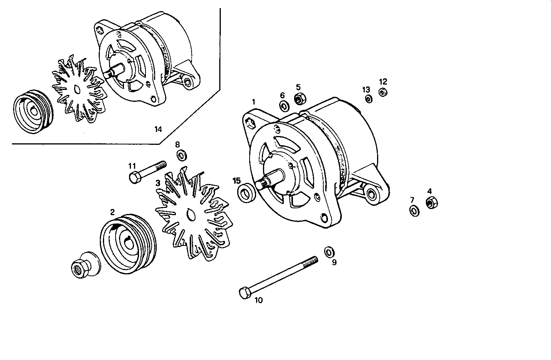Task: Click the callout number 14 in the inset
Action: [x=158, y=129]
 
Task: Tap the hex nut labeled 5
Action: [x=299, y=99]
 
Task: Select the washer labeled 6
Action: [x=284, y=106]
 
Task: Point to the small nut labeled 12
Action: [x=382, y=92]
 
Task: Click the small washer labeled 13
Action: [x=368, y=100]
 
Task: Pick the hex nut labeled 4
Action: [x=431, y=202]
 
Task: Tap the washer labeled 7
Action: [x=414, y=211]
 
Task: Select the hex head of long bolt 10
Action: [x=244, y=294]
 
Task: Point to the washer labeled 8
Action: [x=181, y=156]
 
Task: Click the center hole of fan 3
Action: [x=189, y=215]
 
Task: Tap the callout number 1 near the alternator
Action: [x=253, y=102]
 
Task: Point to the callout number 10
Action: [x=258, y=300]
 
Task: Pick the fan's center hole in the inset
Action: [x=77, y=89]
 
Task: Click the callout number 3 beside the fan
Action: [x=157, y=183]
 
